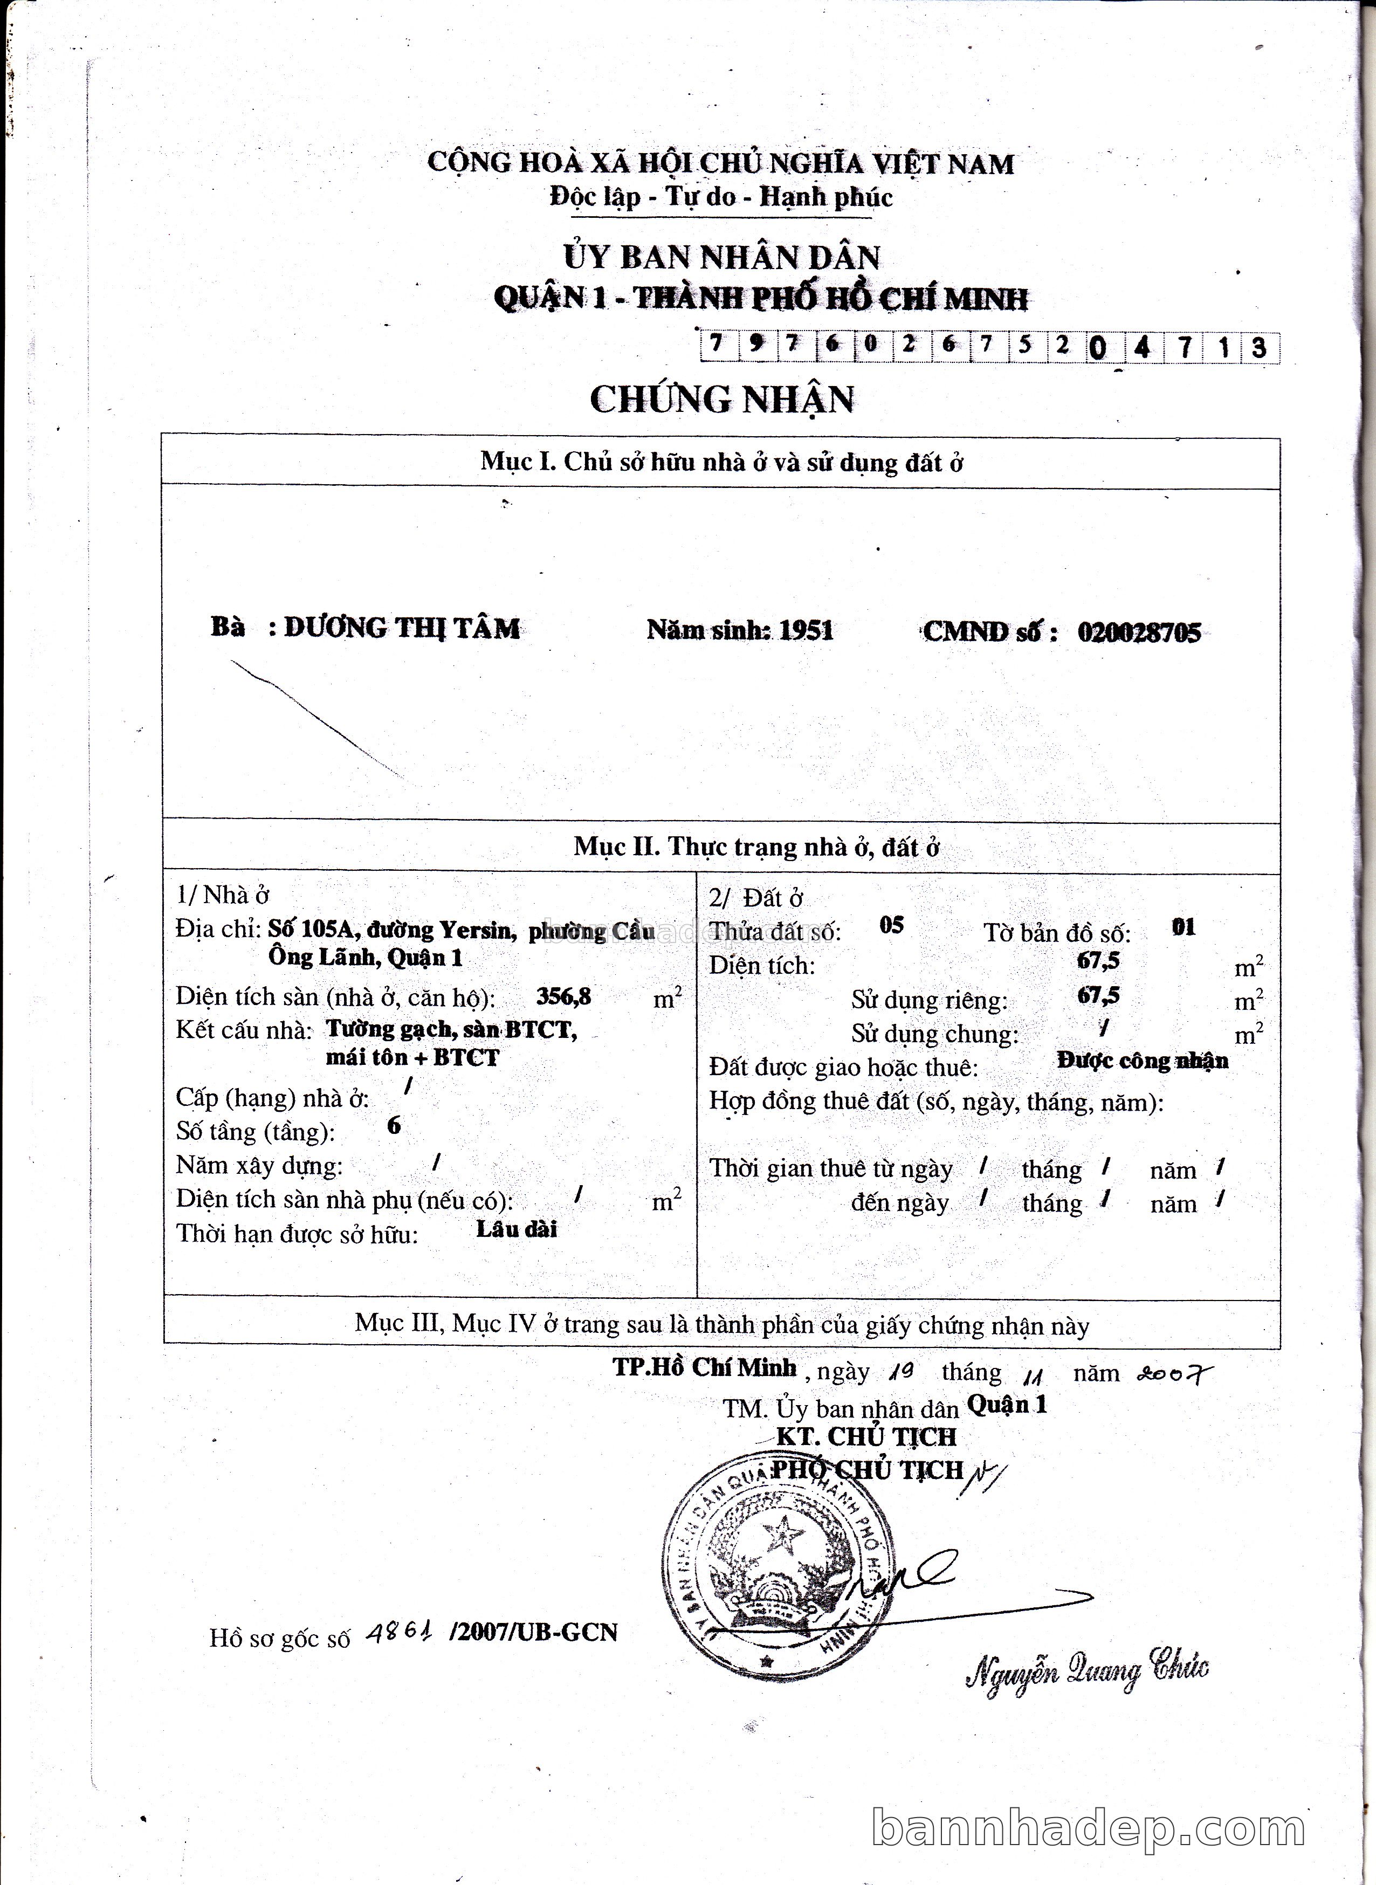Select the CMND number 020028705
tap(1139, 632)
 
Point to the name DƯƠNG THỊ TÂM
tap(402, 628)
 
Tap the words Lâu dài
tap(517, 1229)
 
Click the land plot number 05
tap(891, 925)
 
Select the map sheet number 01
tap(1183, 927)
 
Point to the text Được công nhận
tap(1142, 1061)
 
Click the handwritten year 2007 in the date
tap(1174, 1373)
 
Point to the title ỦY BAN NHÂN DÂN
tap(721, 257)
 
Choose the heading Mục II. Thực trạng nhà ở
tap(756, 847)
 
